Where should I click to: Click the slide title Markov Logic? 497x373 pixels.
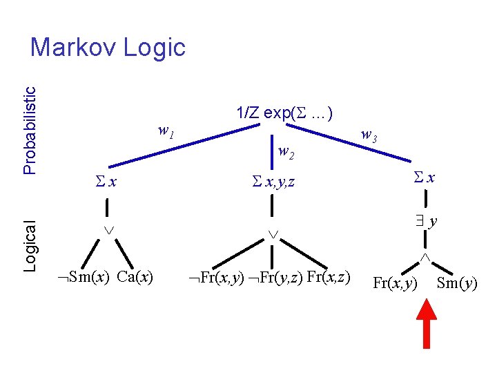pos(108,48)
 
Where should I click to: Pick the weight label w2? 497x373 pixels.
pos(286,152)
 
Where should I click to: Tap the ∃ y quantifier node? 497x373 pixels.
pos(427,221)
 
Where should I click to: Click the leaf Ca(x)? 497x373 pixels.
pos(135,278)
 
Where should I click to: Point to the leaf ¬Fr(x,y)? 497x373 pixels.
pos(216,278)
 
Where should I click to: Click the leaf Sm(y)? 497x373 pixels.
pos(457,283)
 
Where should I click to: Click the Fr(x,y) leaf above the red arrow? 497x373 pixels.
pos(396,283)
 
